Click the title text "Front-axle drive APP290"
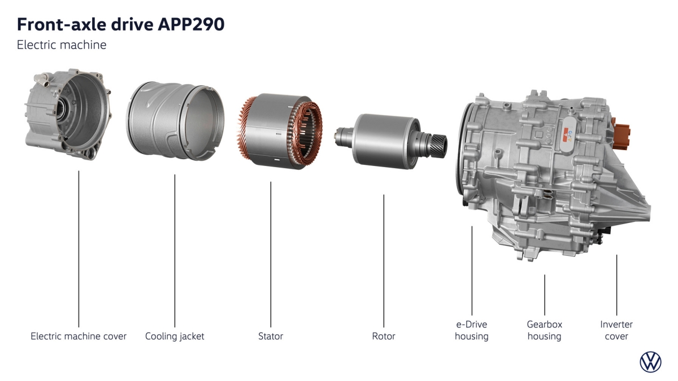(x=121, y=24)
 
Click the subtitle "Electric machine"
(x=62, y=45)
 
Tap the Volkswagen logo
(x=650, y=362)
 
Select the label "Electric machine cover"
(x=79, y=336)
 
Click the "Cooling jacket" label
(x=175, y=336)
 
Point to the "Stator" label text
(x=271, y=336)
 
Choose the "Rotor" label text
(x=384, y=336)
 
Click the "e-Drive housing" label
(x=472, y=331)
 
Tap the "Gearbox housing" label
(x=544, y=331)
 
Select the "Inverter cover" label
(x=616, y=331)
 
